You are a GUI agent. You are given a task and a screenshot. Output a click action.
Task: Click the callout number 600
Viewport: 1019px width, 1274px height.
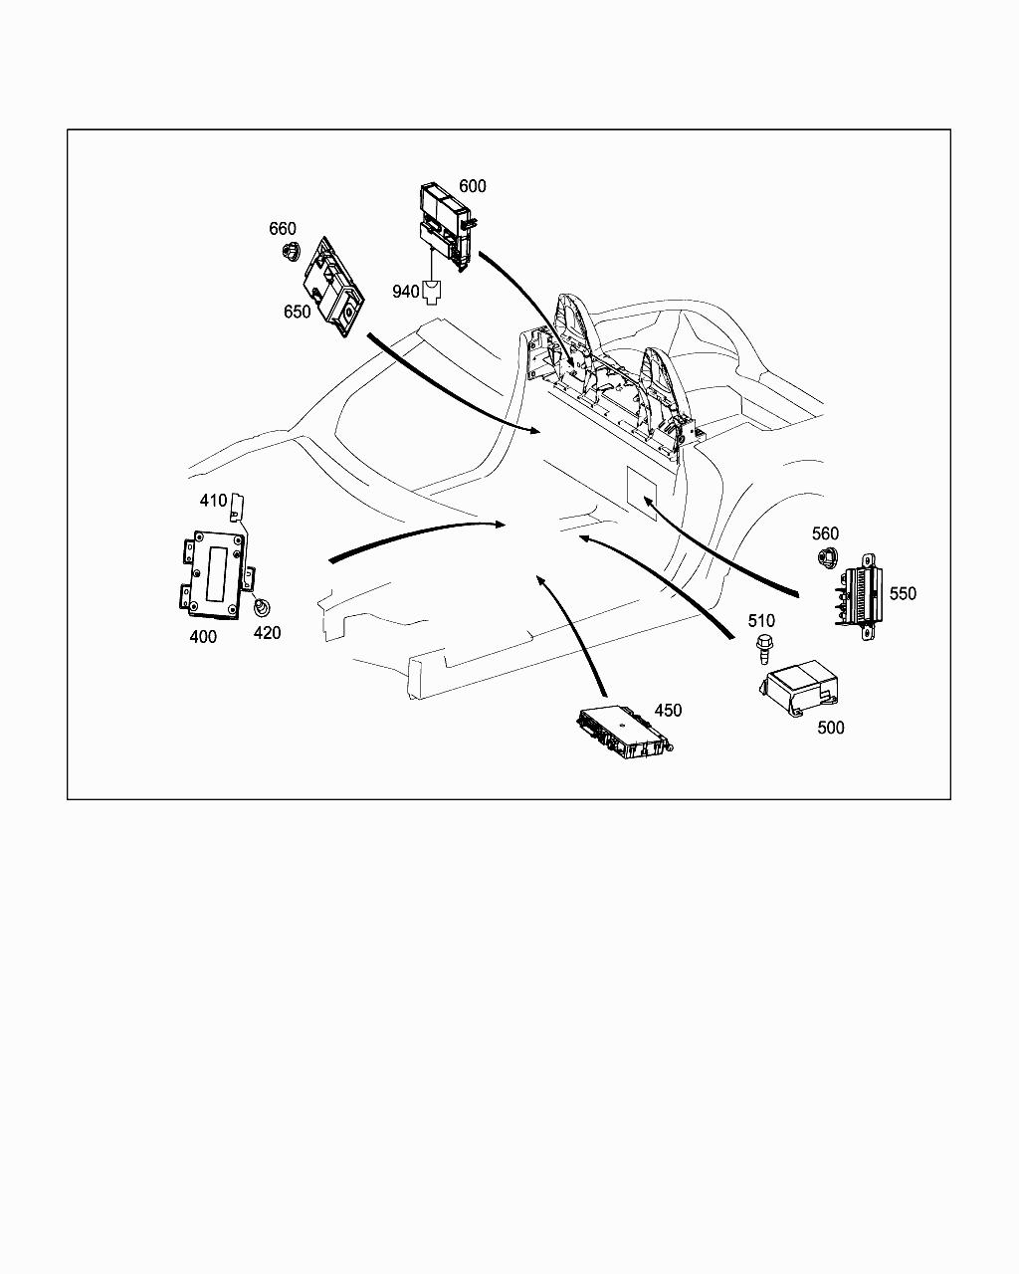point(472,186)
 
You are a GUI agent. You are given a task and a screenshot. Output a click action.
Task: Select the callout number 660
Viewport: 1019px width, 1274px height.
point(283,228)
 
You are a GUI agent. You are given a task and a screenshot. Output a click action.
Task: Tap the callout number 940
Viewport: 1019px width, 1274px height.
point(406,292)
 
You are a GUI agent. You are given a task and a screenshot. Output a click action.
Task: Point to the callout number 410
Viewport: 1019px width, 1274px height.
point(213,501)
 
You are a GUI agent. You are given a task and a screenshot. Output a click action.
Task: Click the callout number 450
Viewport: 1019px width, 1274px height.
point(668,710)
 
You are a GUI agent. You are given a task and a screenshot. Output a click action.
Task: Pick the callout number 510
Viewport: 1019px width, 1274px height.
point(761,620)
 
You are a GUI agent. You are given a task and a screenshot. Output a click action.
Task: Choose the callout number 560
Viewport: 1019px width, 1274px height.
point(825,533)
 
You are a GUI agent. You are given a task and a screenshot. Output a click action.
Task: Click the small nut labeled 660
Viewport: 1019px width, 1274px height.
point(291,251)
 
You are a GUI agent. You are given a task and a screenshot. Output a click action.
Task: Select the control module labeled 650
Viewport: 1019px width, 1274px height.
point(333,287)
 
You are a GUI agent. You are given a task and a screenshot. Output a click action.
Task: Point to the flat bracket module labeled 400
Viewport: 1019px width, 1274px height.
point(217,574)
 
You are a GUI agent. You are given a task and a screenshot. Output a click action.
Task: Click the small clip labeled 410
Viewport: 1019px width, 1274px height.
point(238,508)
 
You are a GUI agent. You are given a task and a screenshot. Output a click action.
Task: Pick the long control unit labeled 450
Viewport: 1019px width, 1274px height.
point(624,732)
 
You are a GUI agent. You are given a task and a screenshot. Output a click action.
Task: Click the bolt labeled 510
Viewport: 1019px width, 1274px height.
point(764,648)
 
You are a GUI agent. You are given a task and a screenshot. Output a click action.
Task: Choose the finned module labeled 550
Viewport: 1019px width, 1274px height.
point(861,598)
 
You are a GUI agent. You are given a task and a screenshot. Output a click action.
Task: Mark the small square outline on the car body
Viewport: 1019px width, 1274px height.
point(643,494)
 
